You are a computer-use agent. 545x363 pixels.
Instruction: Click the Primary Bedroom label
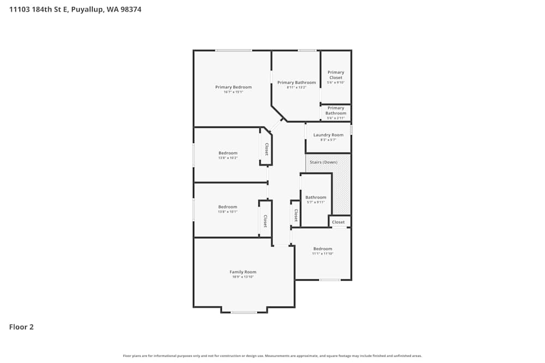tap(233, 87)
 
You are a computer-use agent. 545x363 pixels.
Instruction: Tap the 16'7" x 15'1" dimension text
tap(233, 93)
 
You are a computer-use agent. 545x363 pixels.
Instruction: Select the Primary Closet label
tap(336, 75)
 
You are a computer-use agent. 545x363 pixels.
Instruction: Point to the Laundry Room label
tap(328, 135)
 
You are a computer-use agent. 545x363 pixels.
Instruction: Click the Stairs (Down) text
tap(323, 162)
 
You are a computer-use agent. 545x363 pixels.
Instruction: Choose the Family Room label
tap(243, 272)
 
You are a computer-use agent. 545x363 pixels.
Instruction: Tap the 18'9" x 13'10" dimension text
tap(243, 277)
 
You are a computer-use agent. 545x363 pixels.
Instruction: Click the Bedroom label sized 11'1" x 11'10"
tap(323, 249)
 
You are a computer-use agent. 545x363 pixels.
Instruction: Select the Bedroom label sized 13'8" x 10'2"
tap(228, 153)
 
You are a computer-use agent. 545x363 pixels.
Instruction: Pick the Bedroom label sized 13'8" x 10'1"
tap(228, 207)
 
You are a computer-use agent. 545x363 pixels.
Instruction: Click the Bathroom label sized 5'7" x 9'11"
tap(316, 197)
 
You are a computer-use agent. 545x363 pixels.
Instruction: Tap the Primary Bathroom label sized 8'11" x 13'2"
tap(296, 83)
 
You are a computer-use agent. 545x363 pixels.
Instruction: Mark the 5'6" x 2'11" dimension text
tap(336, 118)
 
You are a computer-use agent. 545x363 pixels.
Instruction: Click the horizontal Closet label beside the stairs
tap(338, 222)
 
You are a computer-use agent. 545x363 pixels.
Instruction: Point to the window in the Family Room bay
tap(244, 312)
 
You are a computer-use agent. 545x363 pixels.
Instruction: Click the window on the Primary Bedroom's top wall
tap(233, 51)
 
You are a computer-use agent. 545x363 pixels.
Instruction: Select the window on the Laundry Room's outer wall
tap(351, 130)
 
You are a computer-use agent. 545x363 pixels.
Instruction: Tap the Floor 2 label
tap(21, 327)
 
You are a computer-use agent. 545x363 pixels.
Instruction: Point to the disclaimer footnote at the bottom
tap(272, 356)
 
